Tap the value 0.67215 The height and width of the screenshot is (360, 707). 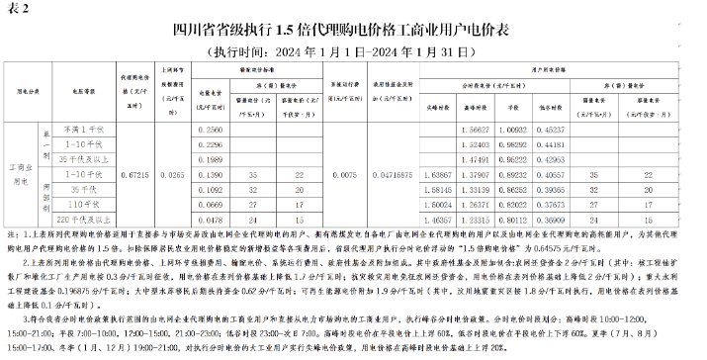coord(134,173)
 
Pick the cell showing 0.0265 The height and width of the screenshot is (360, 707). coord(172,173)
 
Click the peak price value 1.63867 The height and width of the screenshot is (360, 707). coord(438,173)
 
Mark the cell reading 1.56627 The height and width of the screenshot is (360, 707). coord(478,131)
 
